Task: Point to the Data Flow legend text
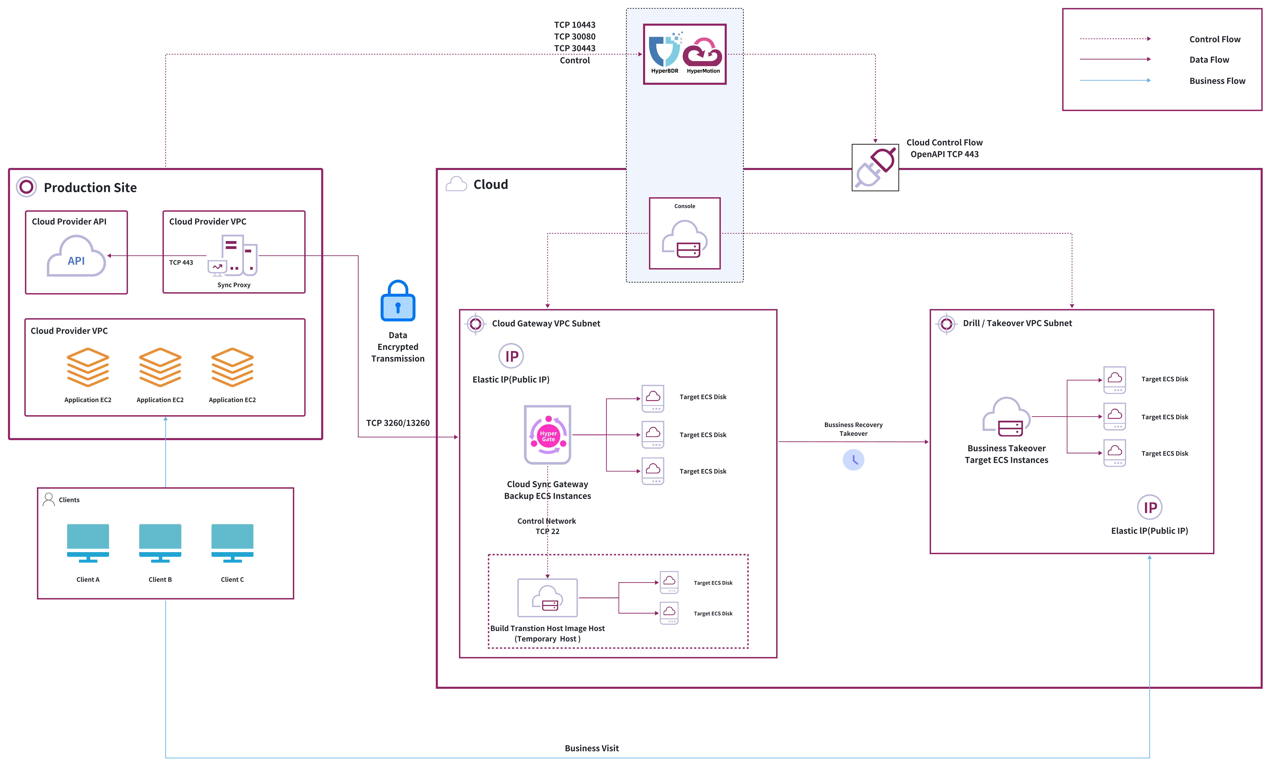[1209, 60]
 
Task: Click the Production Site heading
[90, 188]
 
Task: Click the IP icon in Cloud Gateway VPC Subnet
[511, 356]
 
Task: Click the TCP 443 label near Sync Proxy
[181, 262]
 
